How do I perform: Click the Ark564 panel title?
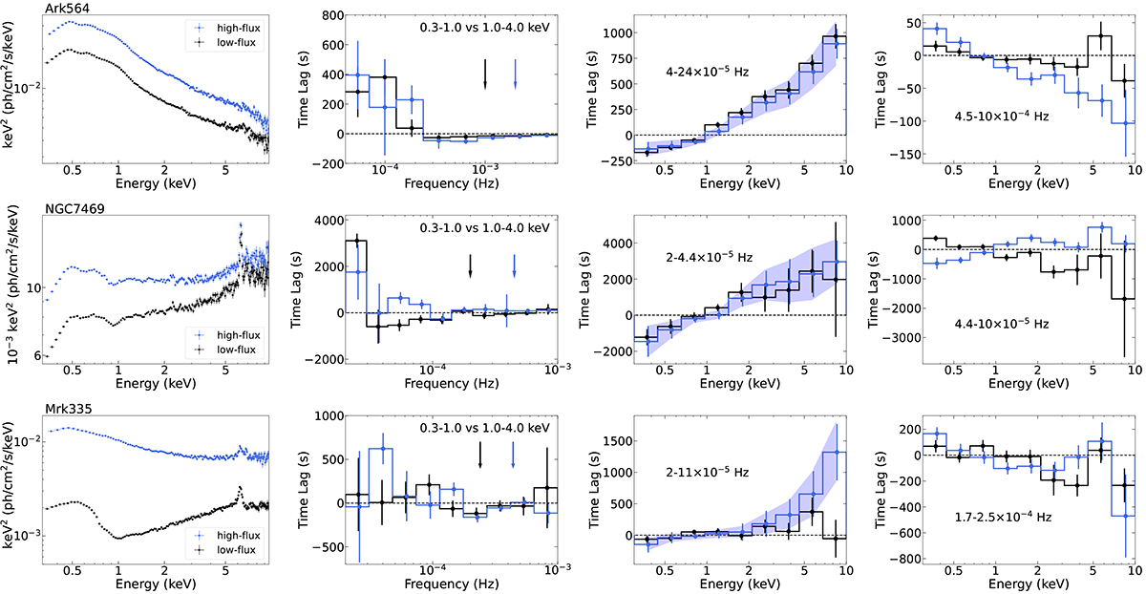65,8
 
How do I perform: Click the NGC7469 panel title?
72,204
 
